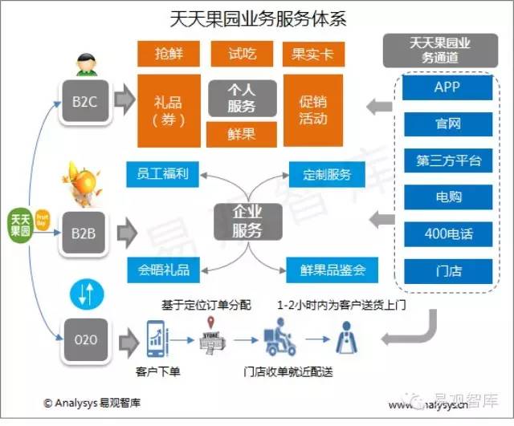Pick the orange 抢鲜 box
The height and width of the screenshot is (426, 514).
[x=169, y=55]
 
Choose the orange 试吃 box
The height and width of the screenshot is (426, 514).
[x=242, y=55]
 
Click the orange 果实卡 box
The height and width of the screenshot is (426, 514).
[x=313, y=55]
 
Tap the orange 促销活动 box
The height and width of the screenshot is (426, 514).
[x=313, y=111]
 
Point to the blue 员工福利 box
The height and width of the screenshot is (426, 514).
[x=163, y=174]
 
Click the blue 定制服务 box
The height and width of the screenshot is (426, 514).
[x=327, y=174]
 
